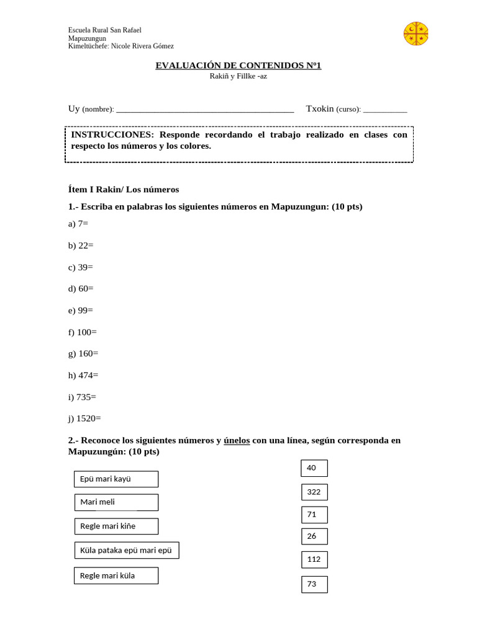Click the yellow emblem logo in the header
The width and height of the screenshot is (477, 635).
pyautogui.click(x=416, y=33)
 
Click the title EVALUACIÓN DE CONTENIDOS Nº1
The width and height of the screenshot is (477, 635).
pyautogui.click(x=238, y=65)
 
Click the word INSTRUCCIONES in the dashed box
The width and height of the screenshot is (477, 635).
pyautogui.click(x=112, y=135)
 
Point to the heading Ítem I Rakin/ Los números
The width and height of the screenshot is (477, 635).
pyautogui.click(x=124, y=189)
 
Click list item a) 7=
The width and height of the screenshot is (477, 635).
pyautogui.click(x=78, y=223)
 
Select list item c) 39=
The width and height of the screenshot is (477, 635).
pyautogui.click(x=81, y=267)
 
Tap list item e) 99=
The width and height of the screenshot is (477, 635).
pyautogui.click(x=81, y=310)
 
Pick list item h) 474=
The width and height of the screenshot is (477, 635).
pyautogui.click(x=83, y=375)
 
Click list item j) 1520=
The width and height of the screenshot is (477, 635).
pyautogui.click(x=84, y=419)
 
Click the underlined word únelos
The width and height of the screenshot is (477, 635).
pyautogui.click(x=237, y=440)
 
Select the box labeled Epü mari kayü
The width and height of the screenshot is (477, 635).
pyautogui.click(x=116, y=479)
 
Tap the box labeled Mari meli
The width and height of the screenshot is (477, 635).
pyautogui.click(x=116, y=502)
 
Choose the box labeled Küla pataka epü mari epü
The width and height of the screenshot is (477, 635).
pyautogui.click(x=127, y=550)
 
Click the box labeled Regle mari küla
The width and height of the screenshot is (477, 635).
pyautogui.click(x=116, y=575)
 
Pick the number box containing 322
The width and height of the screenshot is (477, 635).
pyautogui.click(x=314, y=492)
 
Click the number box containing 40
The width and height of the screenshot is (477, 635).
pyautogui.click(x=314, y=468)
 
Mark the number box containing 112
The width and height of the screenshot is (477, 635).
pyautogui.click(x=314, y=559)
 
